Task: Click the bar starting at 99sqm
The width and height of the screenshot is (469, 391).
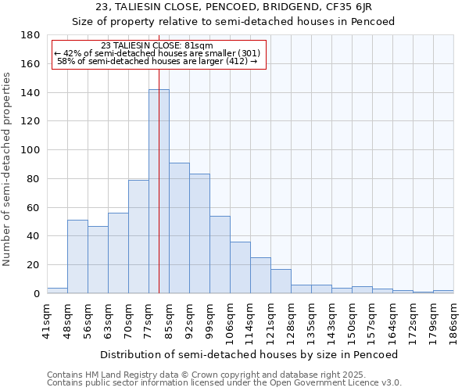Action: pyautogui.click(x=220, y=255)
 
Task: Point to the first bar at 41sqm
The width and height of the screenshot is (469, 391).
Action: pyautogui.click(x=57, y=291)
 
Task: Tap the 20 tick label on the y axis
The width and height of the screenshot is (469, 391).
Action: pyautogui.click(x=34, y=265)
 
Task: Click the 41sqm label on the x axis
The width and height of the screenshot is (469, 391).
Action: pyautogui.click(x=47, y=320)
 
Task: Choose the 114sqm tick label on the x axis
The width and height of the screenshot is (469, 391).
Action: pyautogui.click(x=250, y=320)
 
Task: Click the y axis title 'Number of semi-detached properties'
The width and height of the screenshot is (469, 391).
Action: pyautogui.click(x=7, y=168)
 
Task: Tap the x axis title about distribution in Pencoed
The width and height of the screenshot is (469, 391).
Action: pyautogui.click(x=249, y=354)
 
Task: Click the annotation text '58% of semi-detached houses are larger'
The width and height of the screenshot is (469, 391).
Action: pyautogui.click(x=157, y=61)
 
